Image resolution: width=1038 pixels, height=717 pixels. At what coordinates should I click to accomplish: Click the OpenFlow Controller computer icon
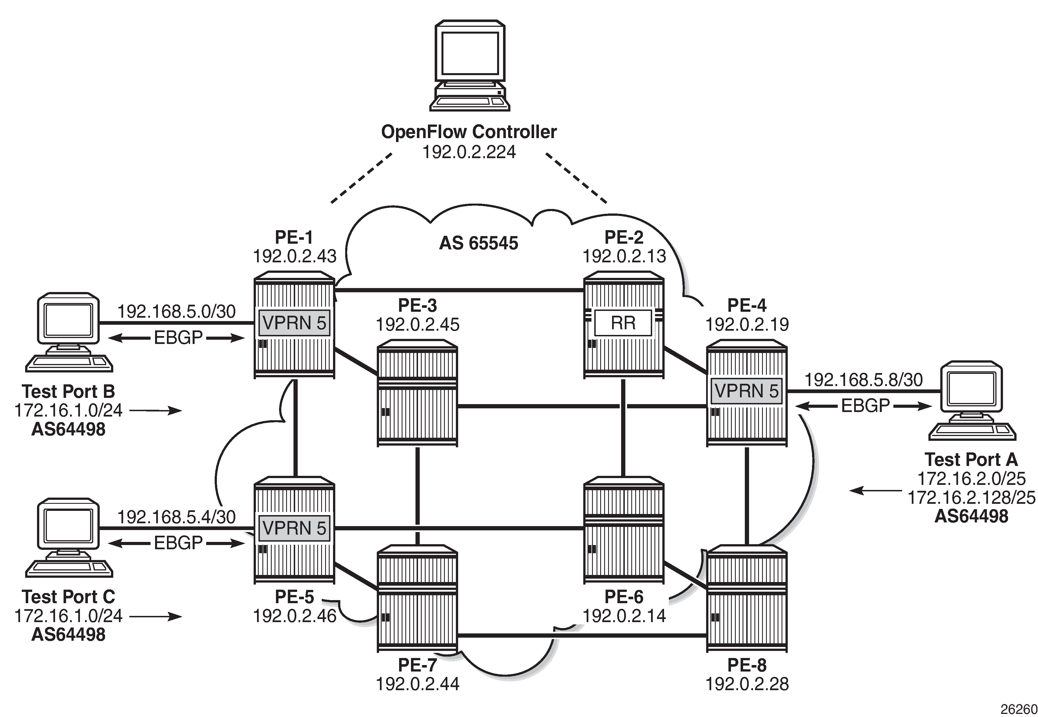coord(469,66)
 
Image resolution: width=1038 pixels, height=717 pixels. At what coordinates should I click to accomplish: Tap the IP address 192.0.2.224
coord(469,152)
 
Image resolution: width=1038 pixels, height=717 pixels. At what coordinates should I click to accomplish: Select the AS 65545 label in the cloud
coord(478,243)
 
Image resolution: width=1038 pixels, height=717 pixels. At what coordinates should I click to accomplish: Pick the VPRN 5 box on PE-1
coord(294,322)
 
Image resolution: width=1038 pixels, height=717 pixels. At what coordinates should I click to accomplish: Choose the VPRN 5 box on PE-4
coord(746,391)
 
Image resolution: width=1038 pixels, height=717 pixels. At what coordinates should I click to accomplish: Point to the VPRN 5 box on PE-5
coord(294,528)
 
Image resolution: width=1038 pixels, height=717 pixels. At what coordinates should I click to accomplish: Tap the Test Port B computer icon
coord(69,332)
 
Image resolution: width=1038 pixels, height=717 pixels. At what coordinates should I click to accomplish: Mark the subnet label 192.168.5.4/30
coord(176,517)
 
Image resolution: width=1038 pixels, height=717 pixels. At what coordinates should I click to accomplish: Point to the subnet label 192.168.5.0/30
coord(176,311)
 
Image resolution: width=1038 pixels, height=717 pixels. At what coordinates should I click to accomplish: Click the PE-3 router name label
coord(417,306)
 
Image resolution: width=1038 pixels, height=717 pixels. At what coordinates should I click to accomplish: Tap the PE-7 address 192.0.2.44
coord(417,684)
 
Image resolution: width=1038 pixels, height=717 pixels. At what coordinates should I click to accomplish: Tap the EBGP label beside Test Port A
coord(865,406)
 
